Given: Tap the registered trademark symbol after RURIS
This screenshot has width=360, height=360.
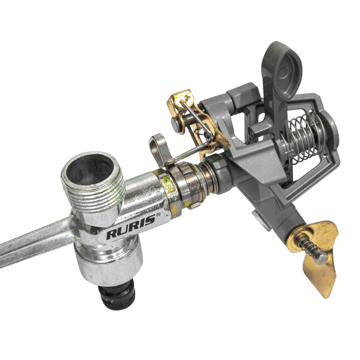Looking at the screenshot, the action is pyautogui.click(x=158, y=215).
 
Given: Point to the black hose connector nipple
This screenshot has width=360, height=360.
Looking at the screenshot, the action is pyautogui.click(x=117, y=297).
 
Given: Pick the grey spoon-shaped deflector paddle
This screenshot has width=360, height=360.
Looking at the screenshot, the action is pyautogui.click(x=281, y=76).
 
